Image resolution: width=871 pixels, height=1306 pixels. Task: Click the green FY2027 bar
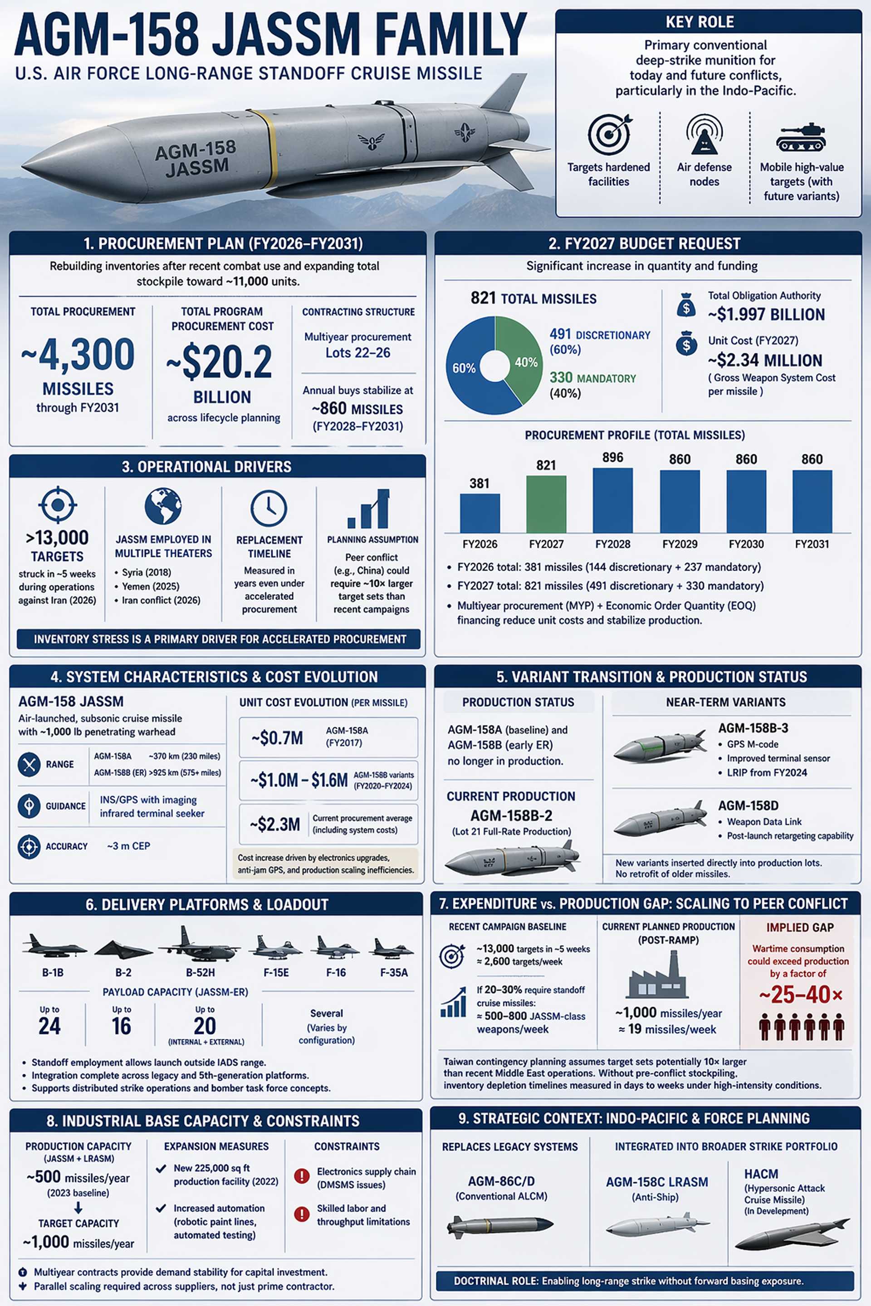pyautogui.click(x=546, y=504)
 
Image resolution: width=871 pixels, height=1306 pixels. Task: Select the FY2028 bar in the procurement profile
pyautogui.click(x=613, y=500)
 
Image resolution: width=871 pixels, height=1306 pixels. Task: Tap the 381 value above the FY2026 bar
pyautogui.click(x=480, y=483)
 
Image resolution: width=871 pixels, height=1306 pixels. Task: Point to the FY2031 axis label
pyautogui.click(x=812, y=544)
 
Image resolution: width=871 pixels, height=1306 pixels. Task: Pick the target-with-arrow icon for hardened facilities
pyautogui.click(x=609, y=134)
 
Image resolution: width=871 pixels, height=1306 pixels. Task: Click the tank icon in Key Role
pyautogui.click(x=800, y=137)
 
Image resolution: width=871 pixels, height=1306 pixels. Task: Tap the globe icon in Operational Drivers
pyautogui.click(x=163, y=506)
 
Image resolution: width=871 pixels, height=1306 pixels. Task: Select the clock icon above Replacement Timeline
pyautogui.click(x=269, y=507)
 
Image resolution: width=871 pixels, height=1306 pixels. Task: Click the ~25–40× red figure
pyautogui.click(x=800, y=994)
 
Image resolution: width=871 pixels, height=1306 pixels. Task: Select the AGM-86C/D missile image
pyautogui.click(x=500, y=1225)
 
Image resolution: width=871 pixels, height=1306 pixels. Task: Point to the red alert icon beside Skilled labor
pyautogui.click(x=302, y=1214)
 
